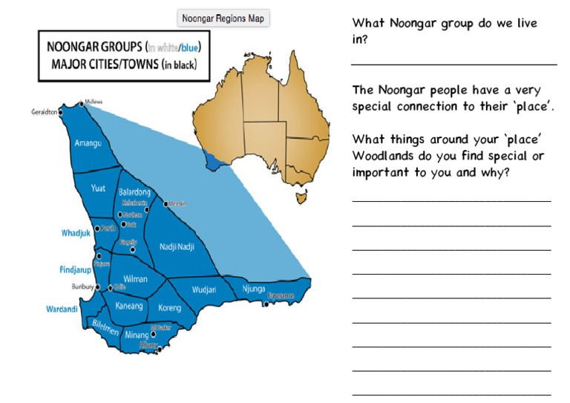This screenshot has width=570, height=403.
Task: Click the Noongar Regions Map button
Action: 223,19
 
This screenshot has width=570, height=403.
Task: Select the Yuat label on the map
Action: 98,189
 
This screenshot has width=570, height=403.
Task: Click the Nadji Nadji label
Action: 177,245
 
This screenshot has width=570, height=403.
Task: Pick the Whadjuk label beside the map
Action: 75,233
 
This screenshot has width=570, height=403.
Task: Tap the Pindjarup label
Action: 75,269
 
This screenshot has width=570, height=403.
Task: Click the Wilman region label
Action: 135,279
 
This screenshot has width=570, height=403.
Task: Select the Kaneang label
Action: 128,306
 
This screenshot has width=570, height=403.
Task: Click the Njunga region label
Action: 254,289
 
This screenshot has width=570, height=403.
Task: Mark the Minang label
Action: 137,335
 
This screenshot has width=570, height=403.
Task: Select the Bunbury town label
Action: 82,286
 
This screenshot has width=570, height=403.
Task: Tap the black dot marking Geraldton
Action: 61,113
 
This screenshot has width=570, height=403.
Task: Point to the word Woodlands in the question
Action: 386,156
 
